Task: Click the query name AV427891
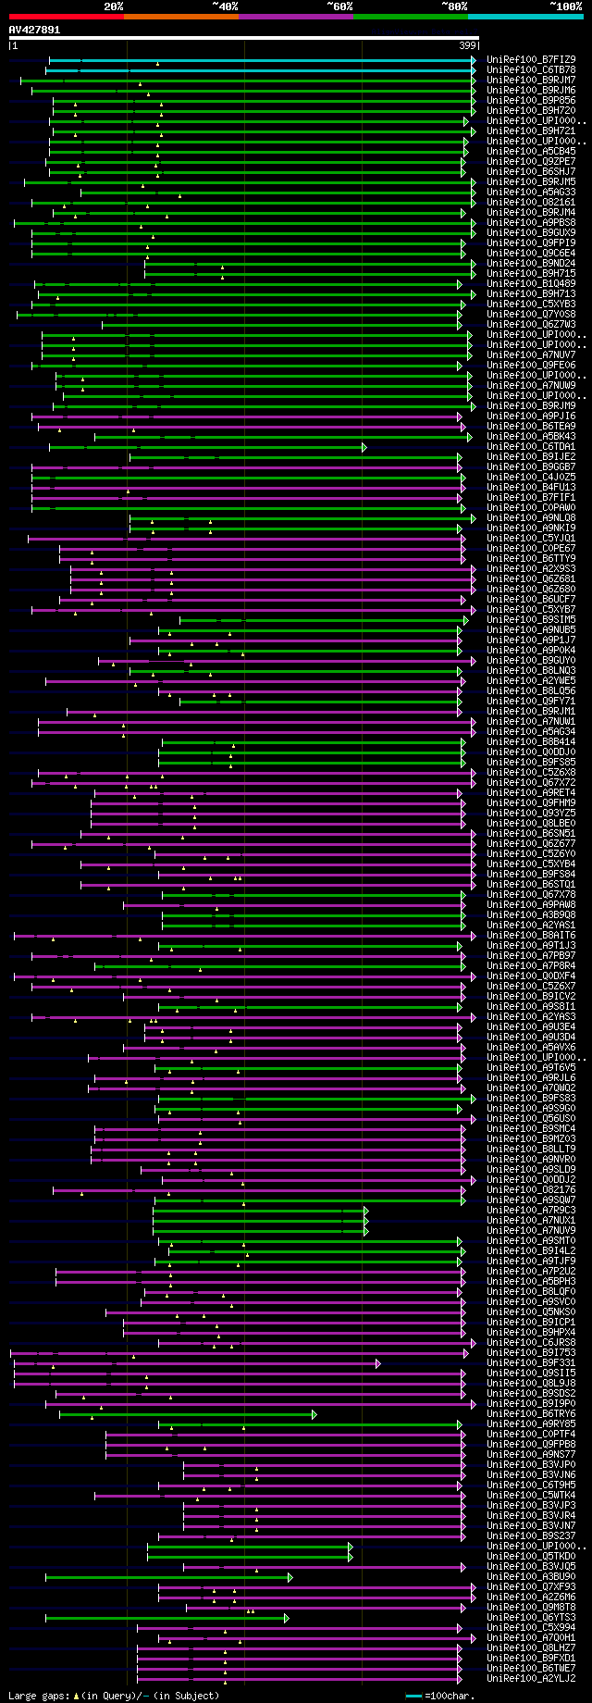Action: coord(34,30)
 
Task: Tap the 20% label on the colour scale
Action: coord(113,6)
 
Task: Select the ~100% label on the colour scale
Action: coord(565,6)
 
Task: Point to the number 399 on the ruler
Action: coord(467,44)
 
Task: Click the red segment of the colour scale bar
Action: coord(66,17)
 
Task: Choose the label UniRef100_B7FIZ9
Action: coord(531,59)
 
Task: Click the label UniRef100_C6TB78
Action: coord(531,69)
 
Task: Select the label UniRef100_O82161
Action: coord(531,202)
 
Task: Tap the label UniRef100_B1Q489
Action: coord(531,283)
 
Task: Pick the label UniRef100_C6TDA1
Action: coord(531,446)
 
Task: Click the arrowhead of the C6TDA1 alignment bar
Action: coord(364,447)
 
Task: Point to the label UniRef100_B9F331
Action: coord(531,1362)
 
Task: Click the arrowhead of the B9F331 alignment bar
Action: coord(377,1363)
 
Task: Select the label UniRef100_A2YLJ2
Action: coord(531,1678)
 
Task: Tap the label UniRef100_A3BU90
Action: coord(531,1576)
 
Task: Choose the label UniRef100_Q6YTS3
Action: coord(531,1617)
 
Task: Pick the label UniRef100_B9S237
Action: coord(531,1535)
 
